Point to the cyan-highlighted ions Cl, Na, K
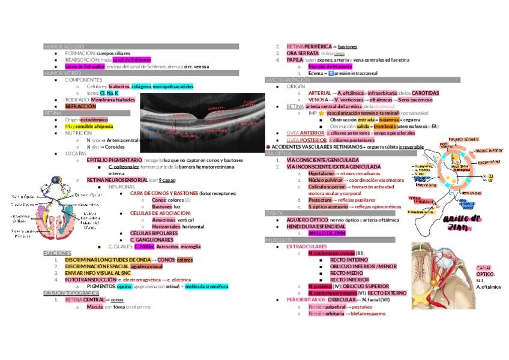tap(109, 93)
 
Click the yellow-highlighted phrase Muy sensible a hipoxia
tap(89, 127)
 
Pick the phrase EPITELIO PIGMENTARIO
tap(114, 160)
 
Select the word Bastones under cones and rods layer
tap(162, 206)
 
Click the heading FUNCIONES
tap(58, 253)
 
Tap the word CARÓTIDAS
tap(426, 93)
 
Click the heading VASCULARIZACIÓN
tap(288, 80)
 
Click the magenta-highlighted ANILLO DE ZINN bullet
tap(327, 233)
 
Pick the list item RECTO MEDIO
tap(346, 273)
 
